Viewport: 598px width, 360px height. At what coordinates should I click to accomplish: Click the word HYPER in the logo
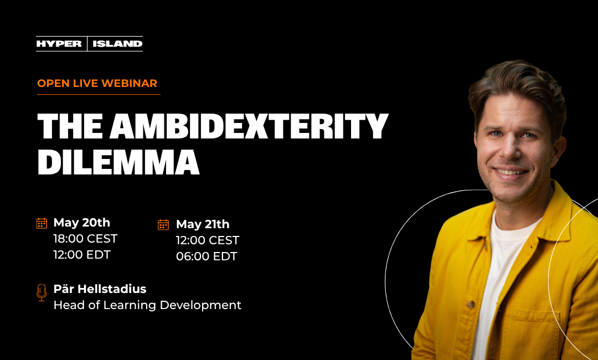coord(59,44)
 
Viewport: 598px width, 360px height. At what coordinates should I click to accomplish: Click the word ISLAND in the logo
coord(117,44)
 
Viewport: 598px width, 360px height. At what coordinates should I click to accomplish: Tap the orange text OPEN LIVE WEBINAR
coord(97,83)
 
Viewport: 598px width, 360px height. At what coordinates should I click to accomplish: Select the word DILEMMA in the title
coord(118,162)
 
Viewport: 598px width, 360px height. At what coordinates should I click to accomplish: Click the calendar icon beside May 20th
coord(42,223)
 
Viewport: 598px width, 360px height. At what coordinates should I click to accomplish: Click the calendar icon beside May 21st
coord(163,224)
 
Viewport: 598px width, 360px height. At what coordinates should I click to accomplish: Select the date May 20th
coord(81,223)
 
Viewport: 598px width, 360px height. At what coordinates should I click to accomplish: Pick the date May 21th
coord(203,224)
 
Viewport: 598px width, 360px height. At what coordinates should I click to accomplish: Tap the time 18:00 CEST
coord(85,239)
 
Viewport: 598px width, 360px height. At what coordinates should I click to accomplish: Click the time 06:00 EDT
coord(207,256)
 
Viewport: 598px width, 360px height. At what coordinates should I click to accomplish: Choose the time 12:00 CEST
coord(208,240)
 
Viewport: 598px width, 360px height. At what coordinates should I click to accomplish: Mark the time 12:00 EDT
coord(82,255)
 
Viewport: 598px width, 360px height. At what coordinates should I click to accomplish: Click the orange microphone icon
coord(42,292)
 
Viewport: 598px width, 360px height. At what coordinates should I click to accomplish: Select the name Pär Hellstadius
coord(100,289)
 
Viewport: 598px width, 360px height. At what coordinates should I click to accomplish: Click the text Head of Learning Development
coord(147,305)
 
